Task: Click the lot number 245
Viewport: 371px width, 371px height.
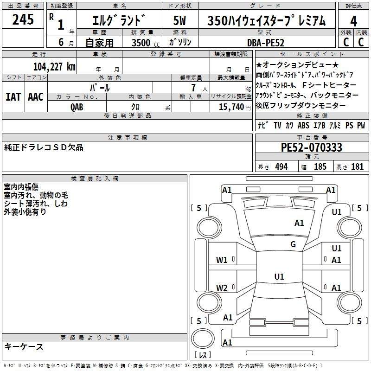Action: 23,19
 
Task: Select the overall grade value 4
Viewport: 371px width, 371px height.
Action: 353,21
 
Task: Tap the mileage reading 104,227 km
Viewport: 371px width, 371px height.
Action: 54,67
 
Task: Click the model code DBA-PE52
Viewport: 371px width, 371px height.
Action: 266,43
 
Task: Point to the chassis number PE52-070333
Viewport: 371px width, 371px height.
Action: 311,147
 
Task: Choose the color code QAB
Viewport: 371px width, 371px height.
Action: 77,107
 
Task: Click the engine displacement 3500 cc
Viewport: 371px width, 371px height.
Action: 146,43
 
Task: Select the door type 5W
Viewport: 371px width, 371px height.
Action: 179,20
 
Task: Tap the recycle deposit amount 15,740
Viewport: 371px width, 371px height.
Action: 231,107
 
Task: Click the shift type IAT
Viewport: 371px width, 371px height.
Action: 13,97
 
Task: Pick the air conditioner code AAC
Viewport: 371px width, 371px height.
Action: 36,97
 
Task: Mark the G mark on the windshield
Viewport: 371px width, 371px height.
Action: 293,244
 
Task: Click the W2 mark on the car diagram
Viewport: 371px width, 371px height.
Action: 222,288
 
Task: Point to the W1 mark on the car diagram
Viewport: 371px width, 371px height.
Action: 222,260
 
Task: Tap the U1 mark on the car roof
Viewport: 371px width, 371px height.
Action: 279,276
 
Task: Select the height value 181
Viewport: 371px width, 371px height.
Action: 357,167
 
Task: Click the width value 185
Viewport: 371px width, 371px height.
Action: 320,167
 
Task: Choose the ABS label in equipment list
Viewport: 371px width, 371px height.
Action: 303,125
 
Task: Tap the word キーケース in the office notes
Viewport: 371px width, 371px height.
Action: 24,347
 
